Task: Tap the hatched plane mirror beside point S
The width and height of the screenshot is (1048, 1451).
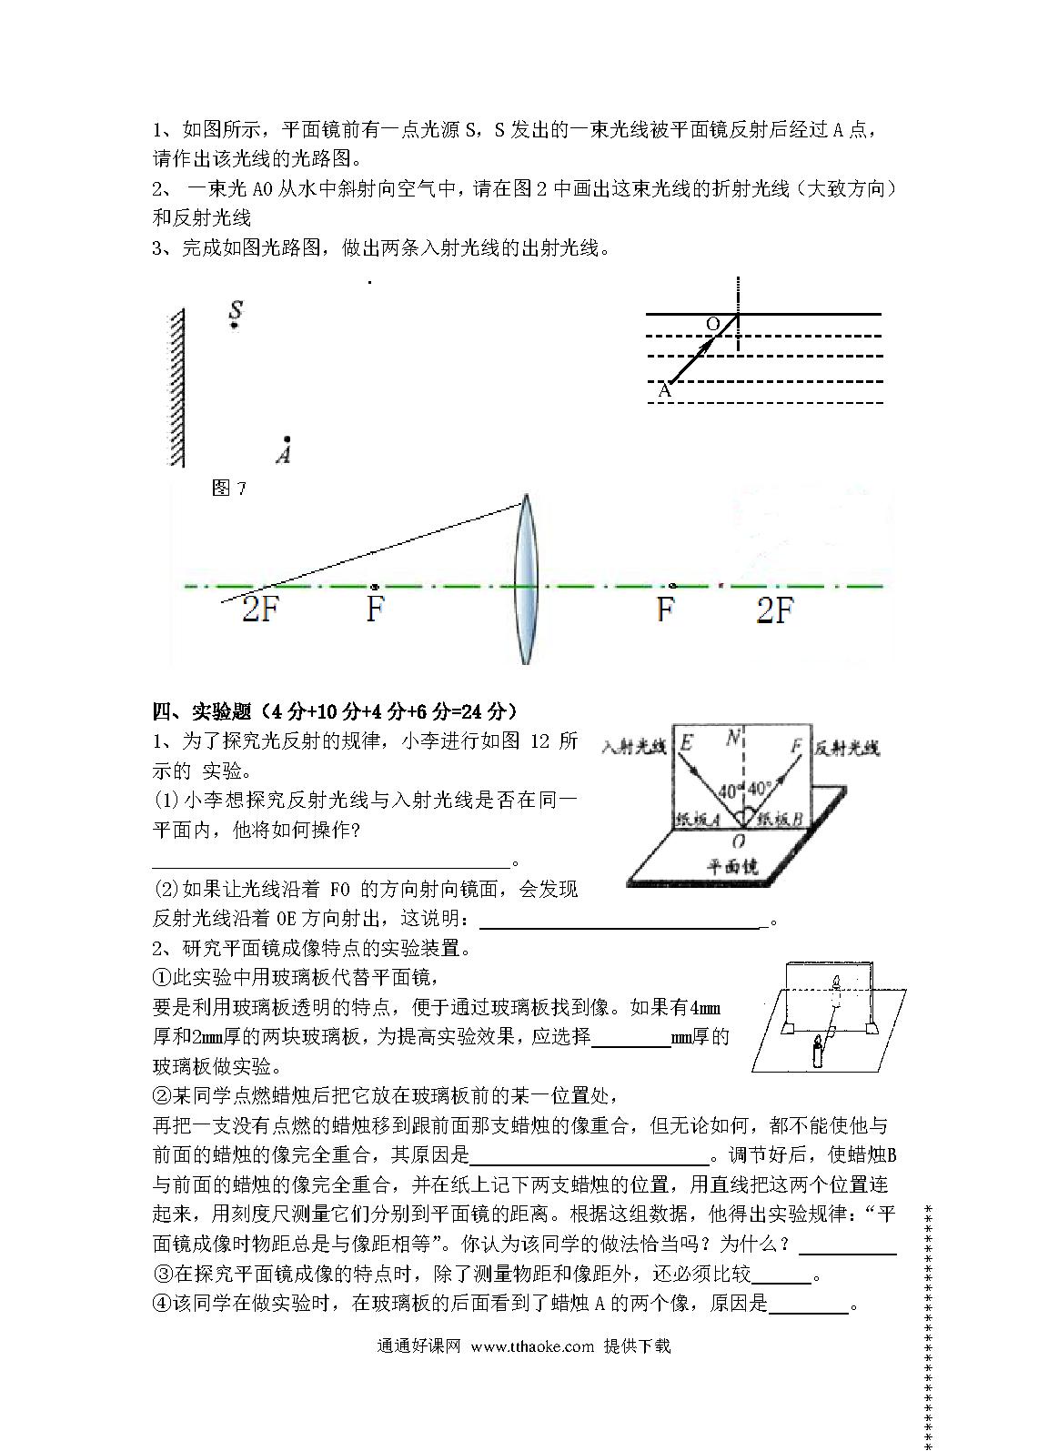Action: click(177, 387)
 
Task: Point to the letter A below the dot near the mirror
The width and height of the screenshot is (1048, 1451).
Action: click(285, 454)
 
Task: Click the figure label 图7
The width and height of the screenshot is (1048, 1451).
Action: click(228, 489)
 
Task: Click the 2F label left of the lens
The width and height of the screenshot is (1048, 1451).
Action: click(259, 610)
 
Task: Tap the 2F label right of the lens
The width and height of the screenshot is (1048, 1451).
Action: click(775, 610)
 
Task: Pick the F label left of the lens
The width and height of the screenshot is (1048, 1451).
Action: click(375, 610)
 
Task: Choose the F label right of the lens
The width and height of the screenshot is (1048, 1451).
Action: click(666, 610)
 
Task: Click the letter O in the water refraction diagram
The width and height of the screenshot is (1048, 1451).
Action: click(713, 324)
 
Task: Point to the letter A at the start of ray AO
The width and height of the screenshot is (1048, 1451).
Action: click(664, 390)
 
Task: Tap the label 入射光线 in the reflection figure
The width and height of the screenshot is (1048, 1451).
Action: click(634, 747)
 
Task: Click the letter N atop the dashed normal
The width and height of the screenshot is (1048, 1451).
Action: click(733, 738)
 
